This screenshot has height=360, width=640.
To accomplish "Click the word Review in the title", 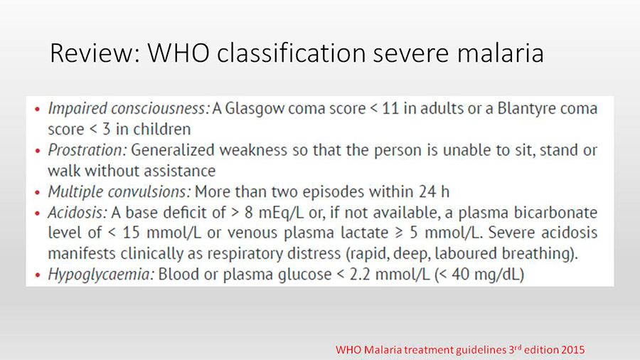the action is [95, 53].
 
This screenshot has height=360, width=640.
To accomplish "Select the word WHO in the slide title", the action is [178, 53].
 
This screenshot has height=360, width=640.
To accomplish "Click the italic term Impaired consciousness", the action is [129, 109].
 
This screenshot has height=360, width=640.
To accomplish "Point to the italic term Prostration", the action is [87, 150].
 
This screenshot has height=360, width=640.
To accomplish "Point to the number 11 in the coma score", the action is [390, 108].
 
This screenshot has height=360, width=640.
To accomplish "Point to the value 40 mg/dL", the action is [485, 275].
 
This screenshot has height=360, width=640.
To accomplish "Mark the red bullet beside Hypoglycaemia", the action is [38, 275].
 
